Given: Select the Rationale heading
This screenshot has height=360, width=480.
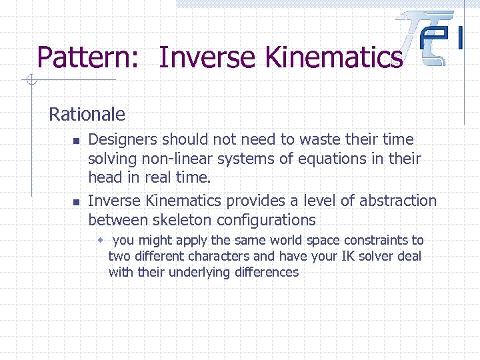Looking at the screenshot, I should (x=87, y=114).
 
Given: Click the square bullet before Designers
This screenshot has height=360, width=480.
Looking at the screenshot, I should (x=77, y=141).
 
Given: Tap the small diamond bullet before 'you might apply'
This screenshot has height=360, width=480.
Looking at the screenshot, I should (x=101, y=240).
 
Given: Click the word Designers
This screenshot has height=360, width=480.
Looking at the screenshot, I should (x=124, y=140).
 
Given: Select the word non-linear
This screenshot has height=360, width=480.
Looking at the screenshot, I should (x=179, y=159).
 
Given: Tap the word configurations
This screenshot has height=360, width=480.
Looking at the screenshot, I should (x=271, y=220).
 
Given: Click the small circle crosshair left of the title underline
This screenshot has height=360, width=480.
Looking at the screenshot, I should (x=29, y=81).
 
